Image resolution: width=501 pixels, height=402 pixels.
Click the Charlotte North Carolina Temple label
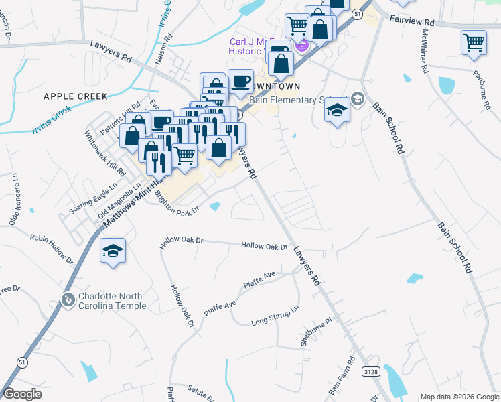point(113,301)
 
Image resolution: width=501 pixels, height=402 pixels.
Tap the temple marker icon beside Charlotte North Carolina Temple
point(68,300)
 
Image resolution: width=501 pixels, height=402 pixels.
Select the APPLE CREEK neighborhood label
point(75,96)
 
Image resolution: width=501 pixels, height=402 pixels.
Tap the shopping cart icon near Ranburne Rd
point(474,43)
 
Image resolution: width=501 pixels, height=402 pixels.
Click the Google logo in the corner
point(23,393)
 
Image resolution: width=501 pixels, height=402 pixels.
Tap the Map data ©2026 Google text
point(459,397)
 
